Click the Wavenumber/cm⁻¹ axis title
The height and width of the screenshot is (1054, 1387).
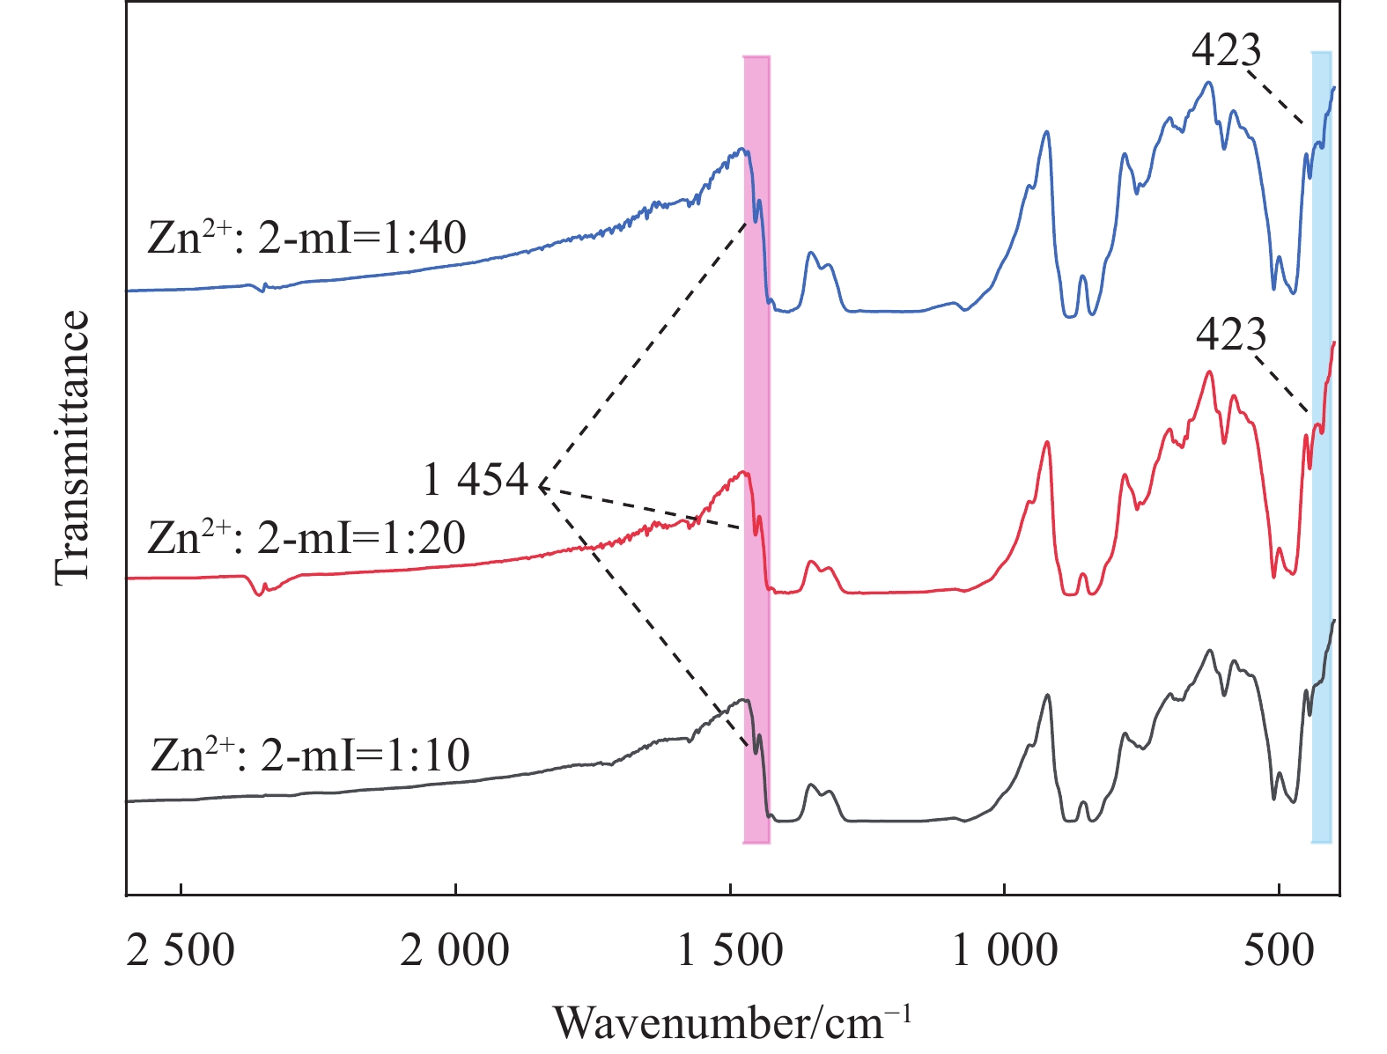pyautogui.click(x=732, y=1021)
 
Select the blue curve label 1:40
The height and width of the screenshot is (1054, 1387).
pyautogui.click(x=306, y=237)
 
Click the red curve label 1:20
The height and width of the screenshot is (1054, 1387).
pyautogui.click(x=306, y=537)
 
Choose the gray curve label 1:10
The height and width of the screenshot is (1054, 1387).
pyautogui.click(x=310, y=755)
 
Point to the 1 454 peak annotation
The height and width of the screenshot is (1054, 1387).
pyautogui.click(x=476, y=481)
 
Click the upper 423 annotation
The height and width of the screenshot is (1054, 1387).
pyautogui.click(x=1226, y=50)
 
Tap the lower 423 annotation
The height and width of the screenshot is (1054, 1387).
pyautogui.click(x=1231, y=335)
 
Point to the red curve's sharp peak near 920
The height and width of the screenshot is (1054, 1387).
pyautogui.click(x=1046, y=442)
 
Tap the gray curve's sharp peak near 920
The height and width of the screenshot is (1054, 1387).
pyautogui.click(x=1046, y=696)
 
